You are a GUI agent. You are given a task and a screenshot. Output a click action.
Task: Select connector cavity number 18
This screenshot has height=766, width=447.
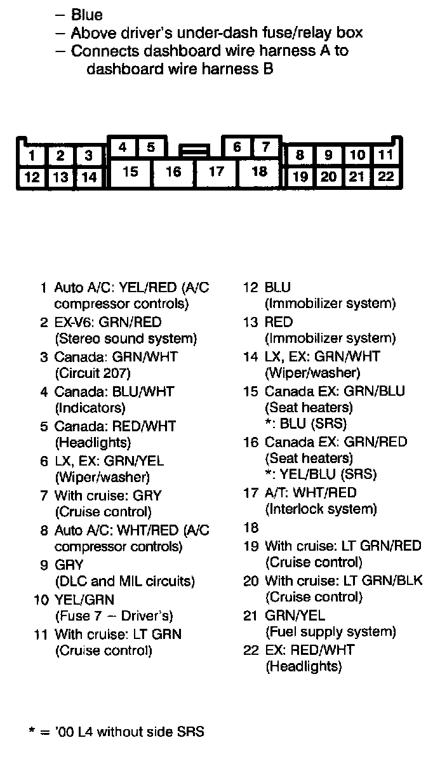click(x=260, y=171)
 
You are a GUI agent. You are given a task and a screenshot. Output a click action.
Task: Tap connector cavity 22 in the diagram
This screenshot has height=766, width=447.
click(x=385, y=177)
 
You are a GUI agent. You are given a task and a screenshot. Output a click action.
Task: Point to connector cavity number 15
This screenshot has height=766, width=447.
click(x=130, y=171)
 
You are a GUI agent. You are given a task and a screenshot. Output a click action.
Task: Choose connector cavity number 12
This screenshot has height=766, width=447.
click(x=31, y=177)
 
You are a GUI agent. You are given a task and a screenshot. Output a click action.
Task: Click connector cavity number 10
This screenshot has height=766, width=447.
click(x=357, y=155)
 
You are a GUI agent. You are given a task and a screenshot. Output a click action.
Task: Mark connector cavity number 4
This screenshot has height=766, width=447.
click(x=123, y=147)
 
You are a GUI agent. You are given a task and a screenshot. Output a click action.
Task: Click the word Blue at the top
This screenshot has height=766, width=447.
click(x=87, y=15)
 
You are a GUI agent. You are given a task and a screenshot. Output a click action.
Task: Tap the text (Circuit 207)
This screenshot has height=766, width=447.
click(x=93, y=373)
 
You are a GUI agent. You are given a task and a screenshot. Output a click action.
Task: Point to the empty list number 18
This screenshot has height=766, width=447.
click(x=251, y=527)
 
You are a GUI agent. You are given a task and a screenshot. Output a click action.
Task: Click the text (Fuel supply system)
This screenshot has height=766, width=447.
click(x=330, y=632)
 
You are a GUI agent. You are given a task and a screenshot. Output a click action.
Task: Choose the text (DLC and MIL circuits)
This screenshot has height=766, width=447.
click(x=125, y=581)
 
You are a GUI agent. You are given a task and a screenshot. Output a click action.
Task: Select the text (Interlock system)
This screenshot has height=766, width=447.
click(x=321, y=509)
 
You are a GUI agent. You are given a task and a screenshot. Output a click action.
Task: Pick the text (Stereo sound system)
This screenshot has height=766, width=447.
click(x=126, y=339)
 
